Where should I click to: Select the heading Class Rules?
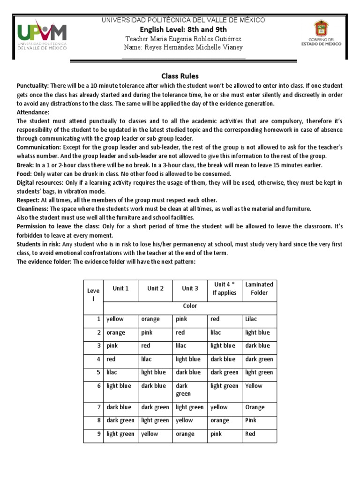(180, 75)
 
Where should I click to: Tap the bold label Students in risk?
(38, 244)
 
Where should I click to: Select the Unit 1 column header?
(120, 288)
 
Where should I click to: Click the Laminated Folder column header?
(259, 288)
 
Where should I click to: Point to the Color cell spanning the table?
(190, 306)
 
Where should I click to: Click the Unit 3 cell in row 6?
(183, 390)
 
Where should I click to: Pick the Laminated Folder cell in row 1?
(251, 319)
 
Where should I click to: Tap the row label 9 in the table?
(99, 434)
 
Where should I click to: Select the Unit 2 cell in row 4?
(150, 359)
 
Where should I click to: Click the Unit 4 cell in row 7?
(219, 407)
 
